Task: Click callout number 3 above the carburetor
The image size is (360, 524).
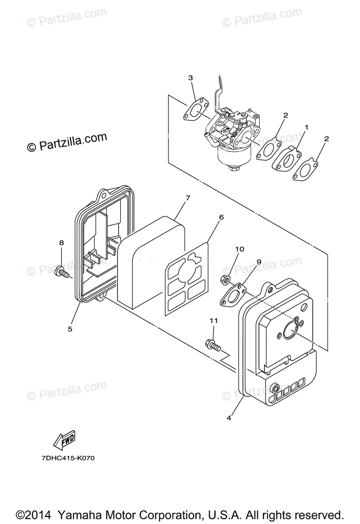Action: pos(190,78)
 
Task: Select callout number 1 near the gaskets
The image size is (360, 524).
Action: pos(307,127)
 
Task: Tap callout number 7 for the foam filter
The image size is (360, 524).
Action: pos(188,198)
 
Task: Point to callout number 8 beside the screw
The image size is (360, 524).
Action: pos(62,242)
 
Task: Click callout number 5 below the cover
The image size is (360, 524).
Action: pos(70,328)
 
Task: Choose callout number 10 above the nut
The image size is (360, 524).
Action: pos(239,249)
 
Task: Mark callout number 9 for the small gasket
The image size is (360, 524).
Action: pos(259,261)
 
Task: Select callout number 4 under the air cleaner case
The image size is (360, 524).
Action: pos(229,417)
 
